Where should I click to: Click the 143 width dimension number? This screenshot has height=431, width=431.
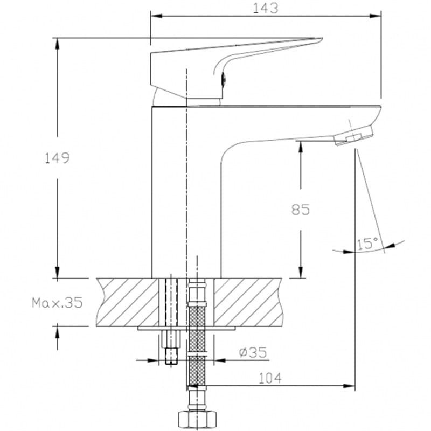(265, 8)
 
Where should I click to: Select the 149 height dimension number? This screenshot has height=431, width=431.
(57, 158)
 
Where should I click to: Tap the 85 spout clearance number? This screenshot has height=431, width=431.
(301, 210)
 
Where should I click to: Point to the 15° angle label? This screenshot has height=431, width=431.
(367, 244)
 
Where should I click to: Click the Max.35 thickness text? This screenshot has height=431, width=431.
(57, 303)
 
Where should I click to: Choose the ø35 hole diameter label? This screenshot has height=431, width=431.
(253, 352)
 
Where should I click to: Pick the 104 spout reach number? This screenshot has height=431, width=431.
(270, 378)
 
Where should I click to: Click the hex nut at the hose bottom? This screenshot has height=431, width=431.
(197, 420)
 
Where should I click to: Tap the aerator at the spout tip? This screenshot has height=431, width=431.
(354, 135)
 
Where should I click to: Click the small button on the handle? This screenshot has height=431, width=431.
(224, 80)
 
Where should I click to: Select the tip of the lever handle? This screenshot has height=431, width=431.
(322, 39)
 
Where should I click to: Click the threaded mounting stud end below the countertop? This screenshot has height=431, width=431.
(171, 356)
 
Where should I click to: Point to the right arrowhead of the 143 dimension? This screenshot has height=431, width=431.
(376, 16)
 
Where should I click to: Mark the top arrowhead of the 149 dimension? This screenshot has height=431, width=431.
(57, 44)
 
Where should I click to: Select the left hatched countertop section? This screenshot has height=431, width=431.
(128, 302)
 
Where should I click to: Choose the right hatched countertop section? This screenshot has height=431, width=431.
(248, 302)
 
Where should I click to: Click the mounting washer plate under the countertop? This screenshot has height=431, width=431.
(186, 328)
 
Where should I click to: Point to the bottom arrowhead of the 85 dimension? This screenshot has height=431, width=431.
(301, 272)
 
